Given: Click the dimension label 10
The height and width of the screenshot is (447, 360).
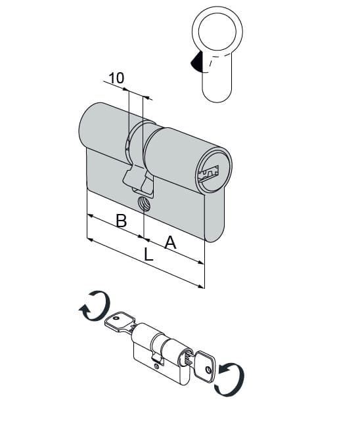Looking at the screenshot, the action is click(116, 77).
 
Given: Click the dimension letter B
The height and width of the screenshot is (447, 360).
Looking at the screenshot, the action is click(122, 221).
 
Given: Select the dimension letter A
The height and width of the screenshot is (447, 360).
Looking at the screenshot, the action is click(170, 242).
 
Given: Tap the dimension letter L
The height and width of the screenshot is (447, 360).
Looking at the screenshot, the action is click(148, 255).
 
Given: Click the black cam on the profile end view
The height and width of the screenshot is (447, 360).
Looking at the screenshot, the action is click(196, 62).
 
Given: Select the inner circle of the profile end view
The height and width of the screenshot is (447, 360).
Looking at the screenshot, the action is click(217, 32).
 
